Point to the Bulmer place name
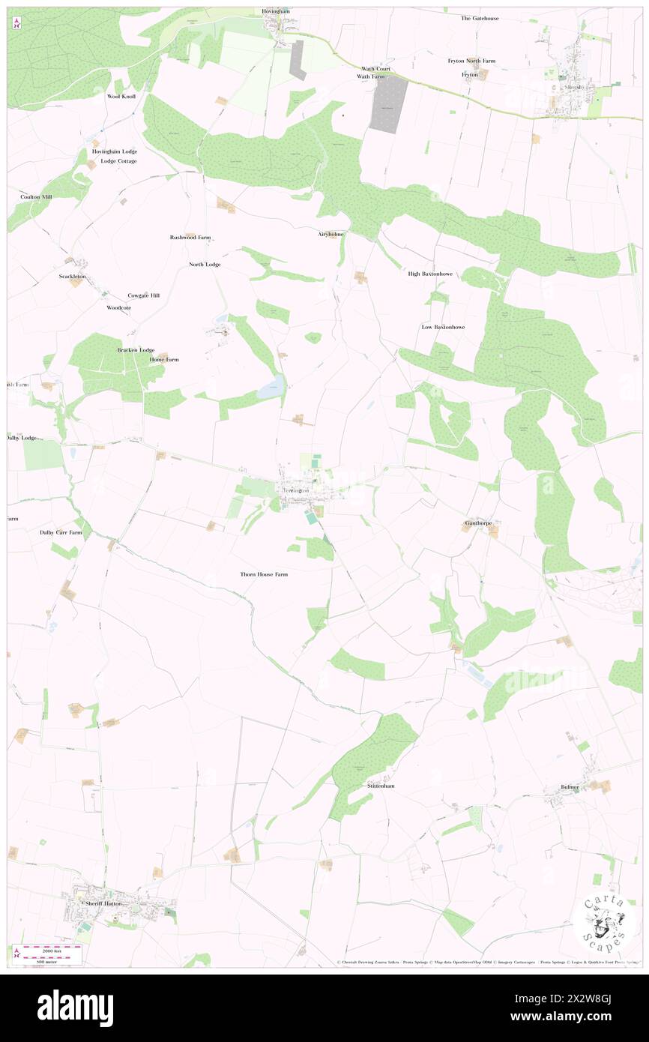click(570, 787)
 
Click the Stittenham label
click(381, 786)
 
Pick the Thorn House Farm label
click(264, 574)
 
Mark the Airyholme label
click(330, 234)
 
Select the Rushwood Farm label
click(190, 237)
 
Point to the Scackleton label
click(73, 277)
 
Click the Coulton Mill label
click(37, 196)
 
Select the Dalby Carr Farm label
click(61, 532)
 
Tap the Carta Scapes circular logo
click(605, 923)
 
